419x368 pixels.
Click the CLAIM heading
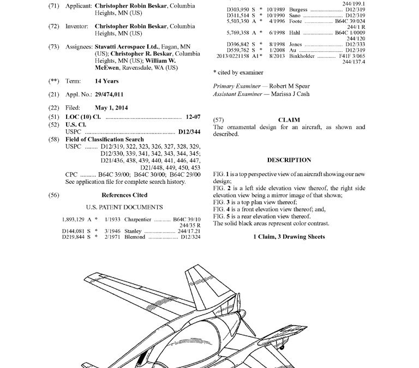(x=289, y=120)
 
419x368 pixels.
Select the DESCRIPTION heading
(x=289, y=160)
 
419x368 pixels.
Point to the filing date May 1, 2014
(x=111, y=108)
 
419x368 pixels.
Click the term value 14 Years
(x=106, y=81)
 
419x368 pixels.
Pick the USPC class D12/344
(x=189, y=132)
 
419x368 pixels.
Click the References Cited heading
(x=124, y=195)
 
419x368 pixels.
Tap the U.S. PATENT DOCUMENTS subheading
(x=124, y=208)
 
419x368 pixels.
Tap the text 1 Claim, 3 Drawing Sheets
(x=289, y=237)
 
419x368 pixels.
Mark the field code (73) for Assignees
(x=53, y=47)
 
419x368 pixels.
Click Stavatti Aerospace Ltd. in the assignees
(x=124, y=47)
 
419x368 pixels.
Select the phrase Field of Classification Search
(x=105, y=140)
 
